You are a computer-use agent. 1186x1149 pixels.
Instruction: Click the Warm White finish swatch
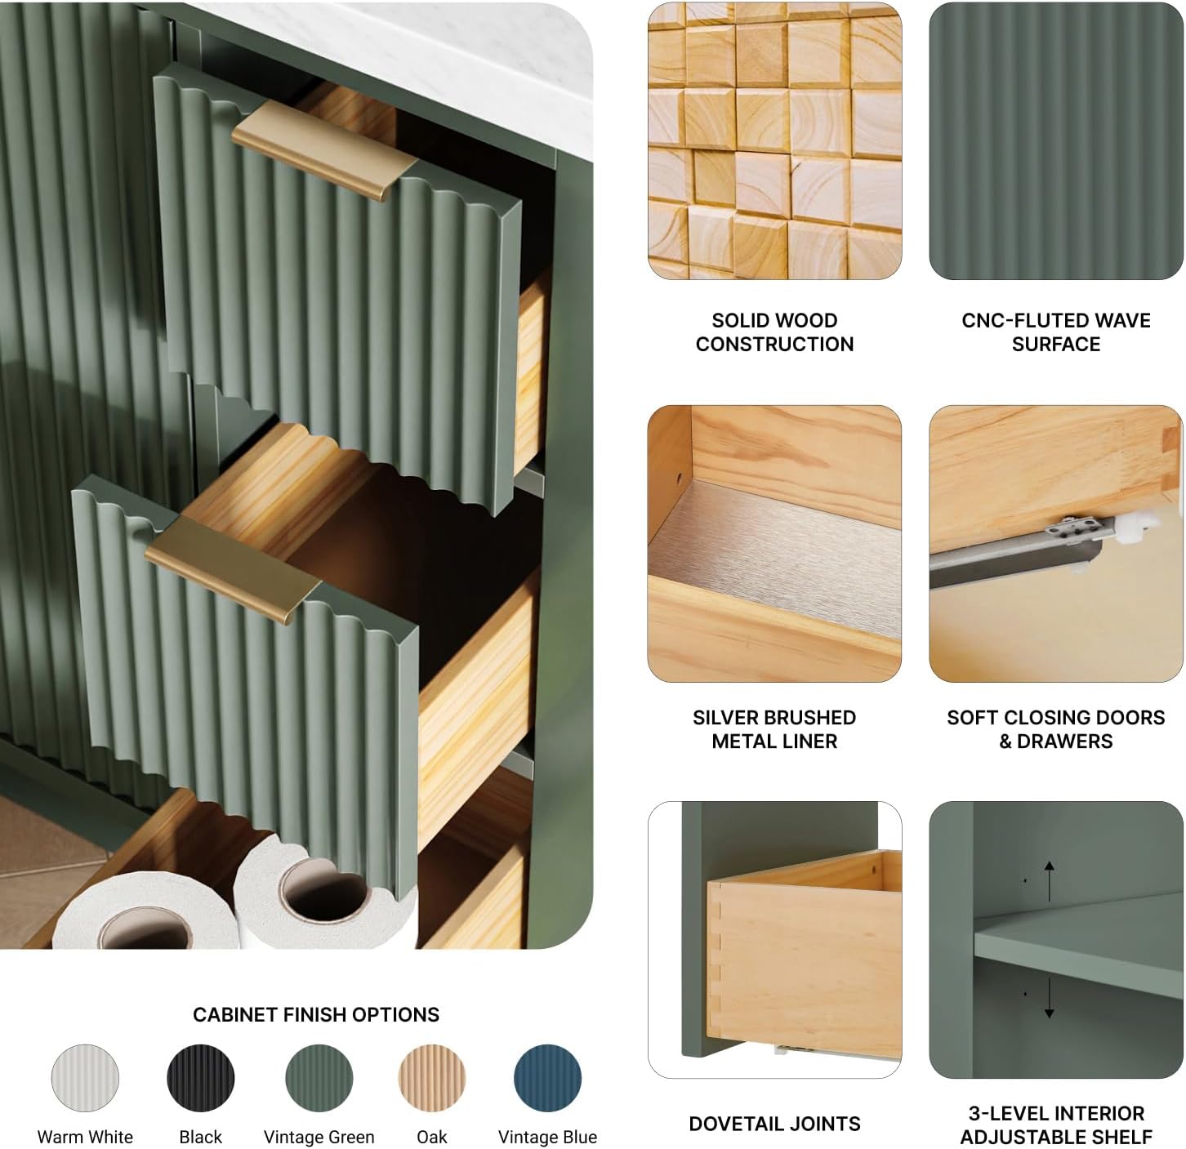point(85,1078)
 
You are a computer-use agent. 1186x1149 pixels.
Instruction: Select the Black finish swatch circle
point(200,1078)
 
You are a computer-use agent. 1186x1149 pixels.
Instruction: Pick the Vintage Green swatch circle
point(319,1078)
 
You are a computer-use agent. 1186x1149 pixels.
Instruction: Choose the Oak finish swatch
point(431,1078)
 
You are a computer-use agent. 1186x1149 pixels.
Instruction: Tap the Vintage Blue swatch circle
point(547,1078)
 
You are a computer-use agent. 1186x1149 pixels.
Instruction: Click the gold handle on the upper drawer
point(323,149)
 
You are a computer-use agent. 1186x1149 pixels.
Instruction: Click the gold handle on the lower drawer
point(232,570)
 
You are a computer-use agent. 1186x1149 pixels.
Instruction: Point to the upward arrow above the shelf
point(1049,881)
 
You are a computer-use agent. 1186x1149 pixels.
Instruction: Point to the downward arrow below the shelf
point(1049,997)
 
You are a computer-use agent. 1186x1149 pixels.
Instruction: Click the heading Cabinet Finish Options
point(316,1014)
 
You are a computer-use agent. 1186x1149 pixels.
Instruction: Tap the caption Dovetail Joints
point(774,1124)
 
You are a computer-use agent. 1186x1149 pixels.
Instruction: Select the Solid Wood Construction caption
point(774,332)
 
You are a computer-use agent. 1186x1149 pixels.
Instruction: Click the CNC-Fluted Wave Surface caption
point(1055,332)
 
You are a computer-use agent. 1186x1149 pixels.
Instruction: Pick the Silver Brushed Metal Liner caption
point(774,729)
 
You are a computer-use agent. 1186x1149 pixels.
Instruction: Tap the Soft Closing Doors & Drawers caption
point(1055,729)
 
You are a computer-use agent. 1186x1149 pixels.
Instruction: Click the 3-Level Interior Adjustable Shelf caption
point(1055,1125)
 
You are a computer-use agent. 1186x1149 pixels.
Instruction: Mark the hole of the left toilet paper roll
point(145,930)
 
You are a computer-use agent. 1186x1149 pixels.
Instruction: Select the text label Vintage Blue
point(547,1137)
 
